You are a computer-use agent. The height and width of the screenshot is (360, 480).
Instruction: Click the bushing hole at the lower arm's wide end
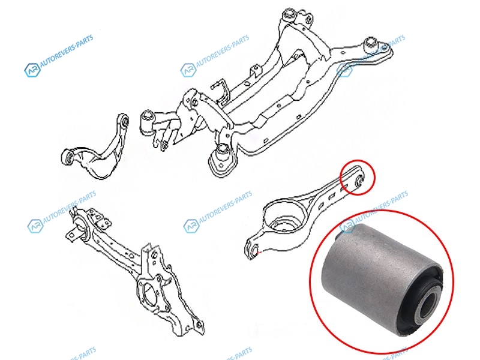tap(254, 249)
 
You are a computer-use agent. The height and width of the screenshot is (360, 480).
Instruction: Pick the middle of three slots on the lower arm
tap(331, 197)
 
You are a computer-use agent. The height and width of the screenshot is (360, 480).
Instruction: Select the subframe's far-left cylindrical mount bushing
tap(146, 122)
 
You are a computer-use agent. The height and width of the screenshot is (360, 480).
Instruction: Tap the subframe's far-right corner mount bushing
tap(371, 43)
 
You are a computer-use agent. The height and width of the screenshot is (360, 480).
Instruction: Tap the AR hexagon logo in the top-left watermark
tap(32, 70)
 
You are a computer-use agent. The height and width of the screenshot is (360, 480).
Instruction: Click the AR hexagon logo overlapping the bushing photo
tap(348, 226)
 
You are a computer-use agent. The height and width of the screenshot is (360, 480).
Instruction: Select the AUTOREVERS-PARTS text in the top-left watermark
tap(67, 51)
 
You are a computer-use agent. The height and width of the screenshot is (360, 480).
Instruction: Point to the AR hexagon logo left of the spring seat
tap(191, 226)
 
